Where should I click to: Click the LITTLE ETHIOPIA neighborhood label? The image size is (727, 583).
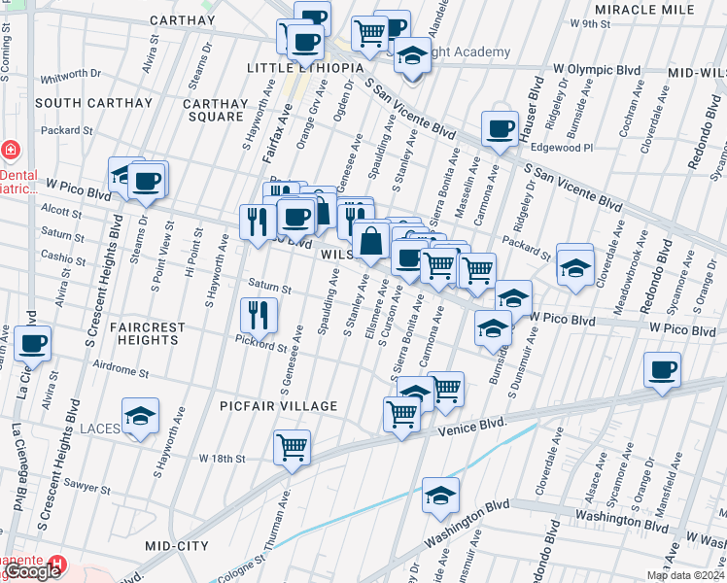(304, 68)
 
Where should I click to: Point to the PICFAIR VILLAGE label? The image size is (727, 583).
(278, 406)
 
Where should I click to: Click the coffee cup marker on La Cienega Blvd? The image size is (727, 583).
(33, 343)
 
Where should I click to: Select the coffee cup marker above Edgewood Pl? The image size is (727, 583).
(501, 128)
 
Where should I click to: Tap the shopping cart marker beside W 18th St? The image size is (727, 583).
(292, 447)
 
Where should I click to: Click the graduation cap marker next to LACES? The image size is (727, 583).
(141, 416)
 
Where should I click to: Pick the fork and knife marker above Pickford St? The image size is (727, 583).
(259, 313)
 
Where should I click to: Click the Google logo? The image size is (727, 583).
(33, 571)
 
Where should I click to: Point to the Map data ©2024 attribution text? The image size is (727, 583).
(684, 575)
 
